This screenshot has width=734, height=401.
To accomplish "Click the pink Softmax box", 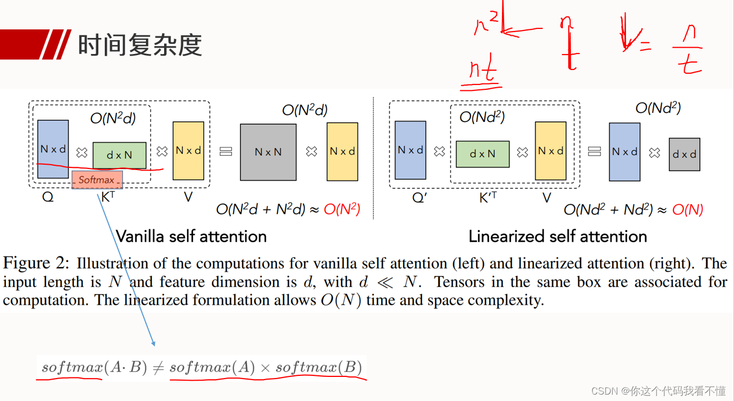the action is tap(97, 180).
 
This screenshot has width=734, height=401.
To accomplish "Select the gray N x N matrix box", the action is tap(268, 152).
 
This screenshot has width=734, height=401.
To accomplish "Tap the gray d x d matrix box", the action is tap(684, 155).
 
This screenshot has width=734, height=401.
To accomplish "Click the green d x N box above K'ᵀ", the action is tap(483, 154).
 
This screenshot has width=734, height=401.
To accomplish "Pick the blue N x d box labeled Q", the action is tap(53, 149).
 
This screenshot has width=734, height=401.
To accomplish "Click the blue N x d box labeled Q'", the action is tap(410, 150).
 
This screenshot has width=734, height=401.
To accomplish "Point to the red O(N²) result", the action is tap(342, 209).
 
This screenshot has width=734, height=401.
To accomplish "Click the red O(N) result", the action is tap(687, 210).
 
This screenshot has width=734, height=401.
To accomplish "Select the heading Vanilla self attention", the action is tap(191, 236).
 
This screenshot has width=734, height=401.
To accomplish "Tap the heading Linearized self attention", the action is tap(558, 236).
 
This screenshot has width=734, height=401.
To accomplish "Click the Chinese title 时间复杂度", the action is tap(140, 45).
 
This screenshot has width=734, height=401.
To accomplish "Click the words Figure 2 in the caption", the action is tap(35, 263).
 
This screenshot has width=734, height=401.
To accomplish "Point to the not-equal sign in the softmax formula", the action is tap(159, 368).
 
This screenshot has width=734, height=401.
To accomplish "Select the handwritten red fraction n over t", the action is tap(688, 49).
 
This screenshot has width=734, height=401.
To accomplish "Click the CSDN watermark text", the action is tap(658, 391).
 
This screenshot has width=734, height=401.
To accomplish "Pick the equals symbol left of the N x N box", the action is tap(226, 151).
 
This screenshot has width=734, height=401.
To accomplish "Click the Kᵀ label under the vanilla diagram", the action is tap(108, 197).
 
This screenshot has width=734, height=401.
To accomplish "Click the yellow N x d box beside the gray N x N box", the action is tap(343, 152).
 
